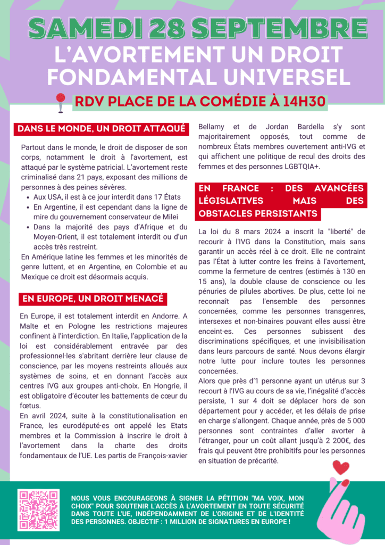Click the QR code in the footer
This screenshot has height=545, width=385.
point(38,509)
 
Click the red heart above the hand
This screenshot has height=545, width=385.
point(340,468)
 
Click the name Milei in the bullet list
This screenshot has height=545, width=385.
point(168,217)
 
